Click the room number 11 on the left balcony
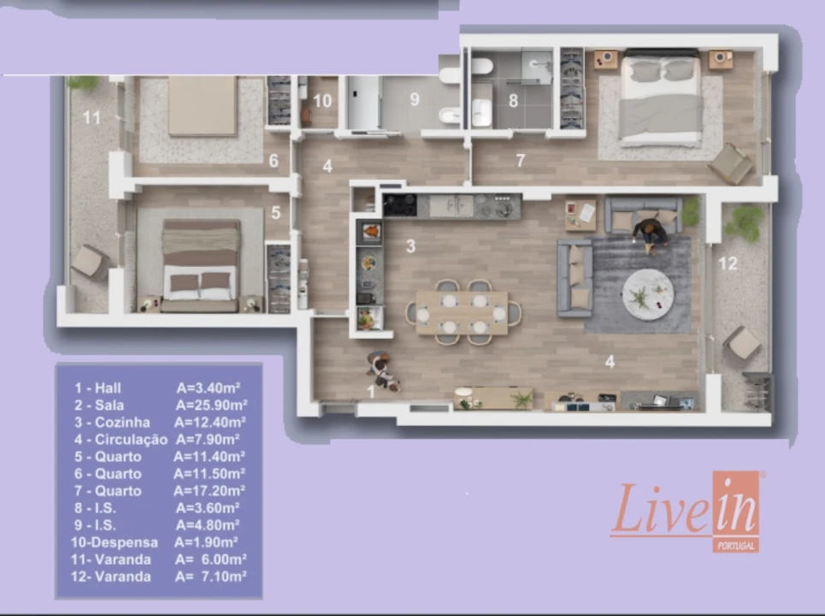pyautogui.click(x=91, y=117)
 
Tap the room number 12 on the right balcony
pyautogui.click(x=728, y=264)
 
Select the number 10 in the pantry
pyautogui.click(x=321, y=100)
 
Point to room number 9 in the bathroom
pyautogui.click(x=415, y=99)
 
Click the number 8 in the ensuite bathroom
pyautogui.click(x=513, y=100)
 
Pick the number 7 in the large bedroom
pyautogui.click(x=520, y=160)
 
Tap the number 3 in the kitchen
pyautogui.click(x=410, y=247)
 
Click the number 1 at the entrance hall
pyautogui.click(x=371, y=391)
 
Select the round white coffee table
pyautogui.click(x=647, y=294)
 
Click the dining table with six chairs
pyautogui.click(x=462, y=312)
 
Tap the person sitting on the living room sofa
pyautogui.click(x=650, y=233)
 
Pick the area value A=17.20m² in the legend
pyautogui.click(x=209, y=491)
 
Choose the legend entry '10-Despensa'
pyautogui.click(x=114, y=542)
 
